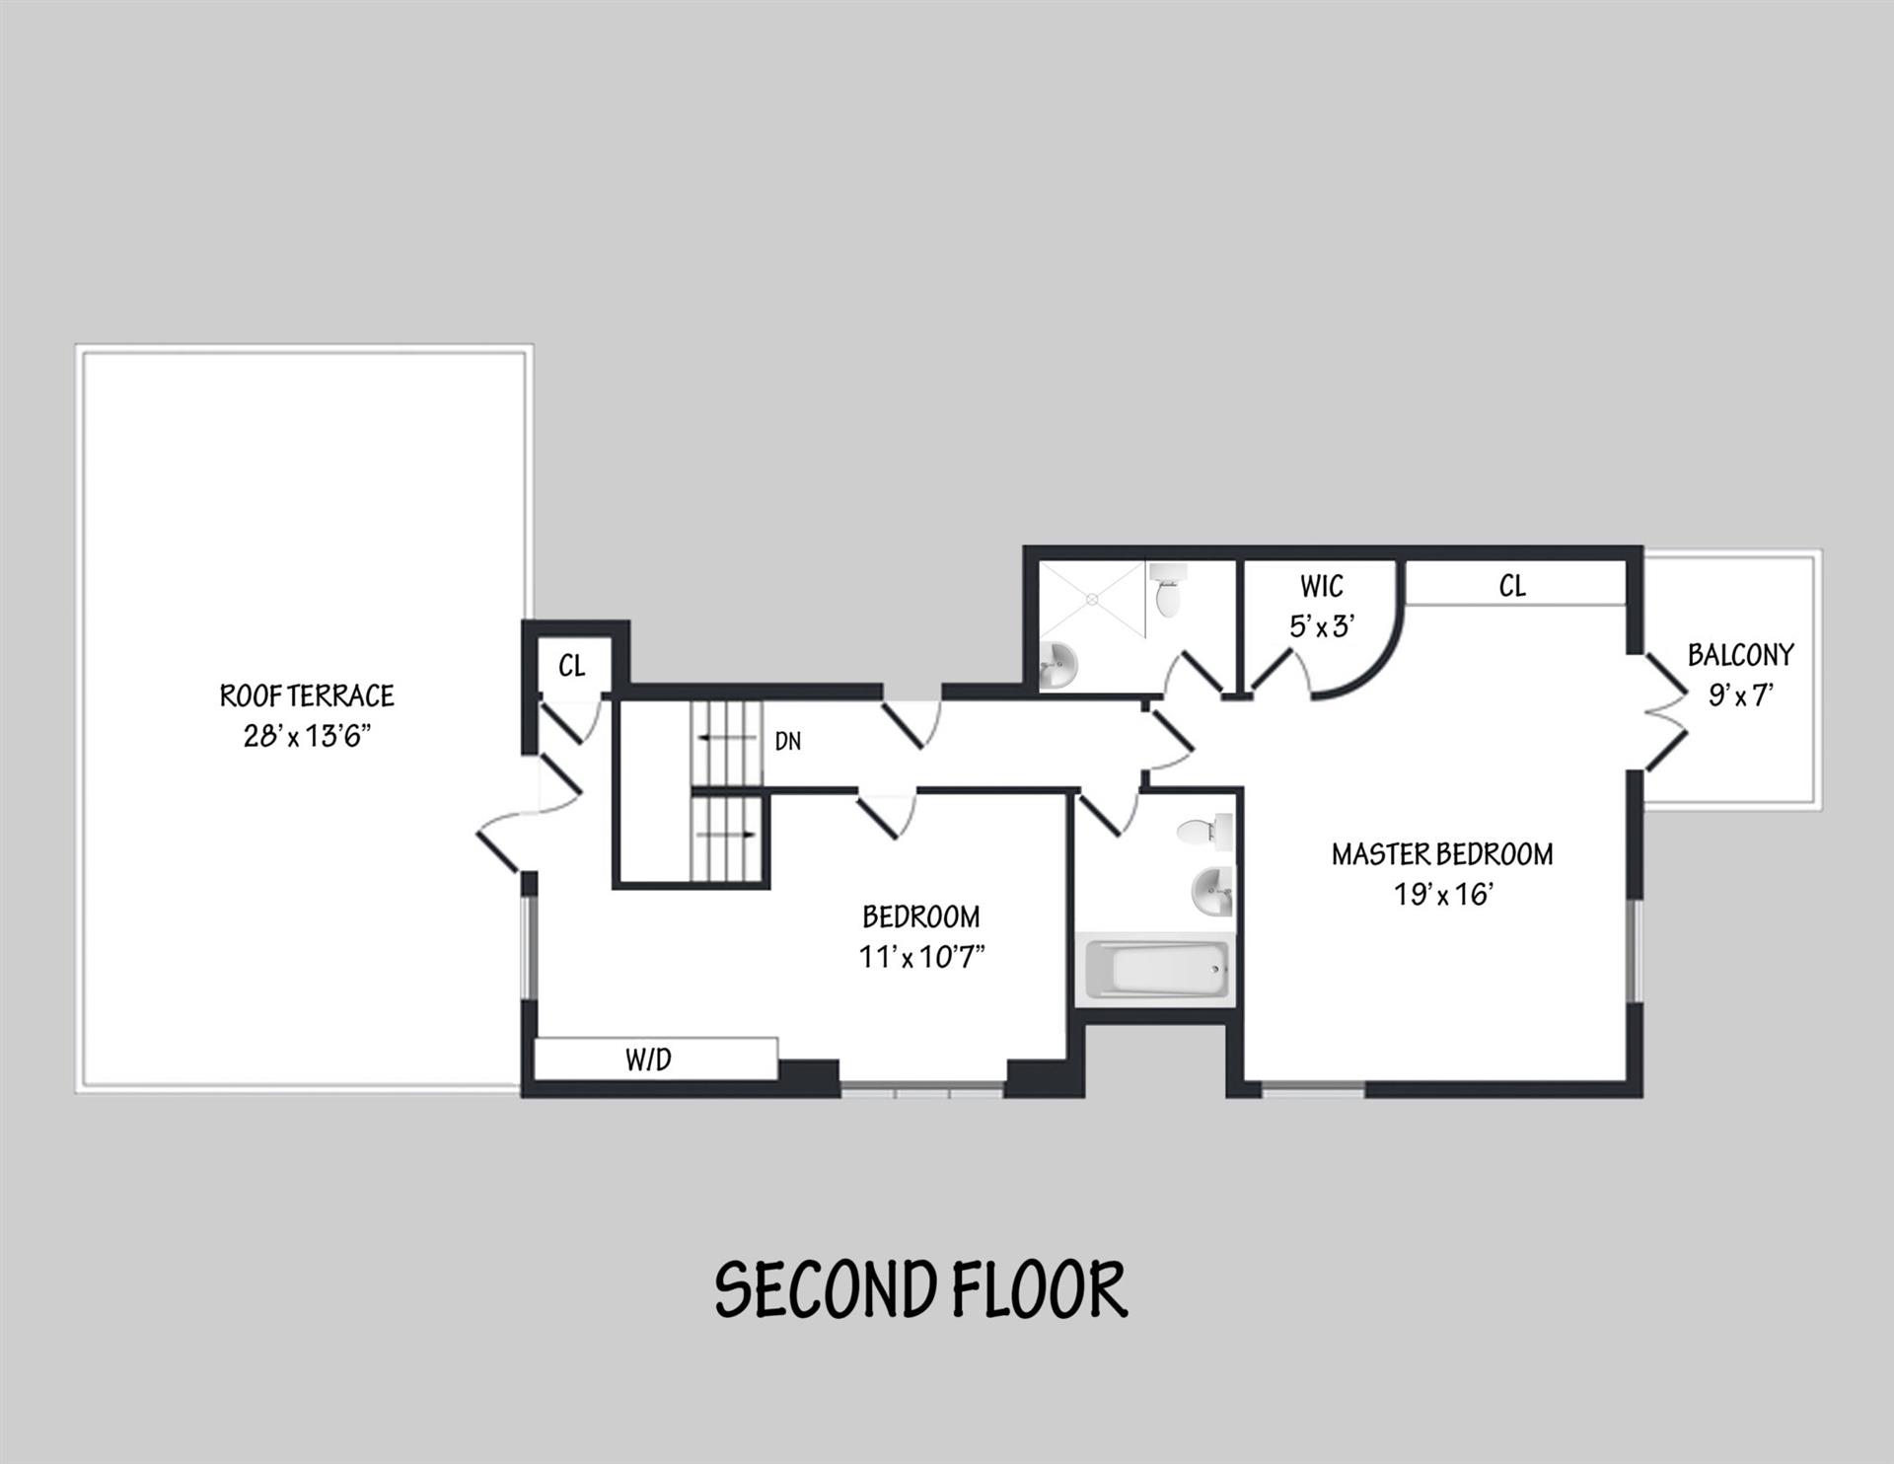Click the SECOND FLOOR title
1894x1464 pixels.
(920, 1288)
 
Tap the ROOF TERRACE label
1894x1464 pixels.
(306, 696)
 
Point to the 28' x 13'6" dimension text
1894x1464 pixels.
(306, 737)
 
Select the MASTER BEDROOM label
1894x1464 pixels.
(1441, 854)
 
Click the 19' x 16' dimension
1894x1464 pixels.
(1441, 895)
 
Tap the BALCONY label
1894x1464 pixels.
(1740, 655)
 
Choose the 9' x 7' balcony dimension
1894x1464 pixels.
(1740, 696)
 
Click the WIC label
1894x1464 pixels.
(1321, 587)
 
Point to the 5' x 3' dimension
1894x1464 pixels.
(1321, 626)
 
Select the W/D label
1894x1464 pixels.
(648, 1060)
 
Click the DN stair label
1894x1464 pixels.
(787, 742)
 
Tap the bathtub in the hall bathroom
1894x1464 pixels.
(1156, 969)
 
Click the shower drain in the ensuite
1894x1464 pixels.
(1092, 598)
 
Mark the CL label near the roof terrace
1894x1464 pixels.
(571, 666)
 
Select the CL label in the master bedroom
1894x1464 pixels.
(1511, 587)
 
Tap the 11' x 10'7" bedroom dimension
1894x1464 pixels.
(921, 957)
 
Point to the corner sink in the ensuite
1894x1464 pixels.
(1057, 665)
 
